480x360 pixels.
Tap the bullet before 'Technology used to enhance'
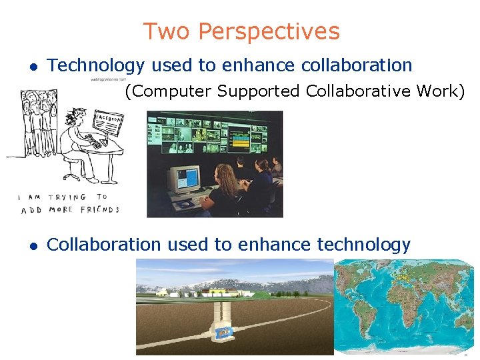click(31, 66)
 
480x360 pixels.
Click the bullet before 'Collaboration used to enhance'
click(31, 246)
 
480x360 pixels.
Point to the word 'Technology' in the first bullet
click(96, 65)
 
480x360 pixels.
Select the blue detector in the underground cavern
click(225, 331)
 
